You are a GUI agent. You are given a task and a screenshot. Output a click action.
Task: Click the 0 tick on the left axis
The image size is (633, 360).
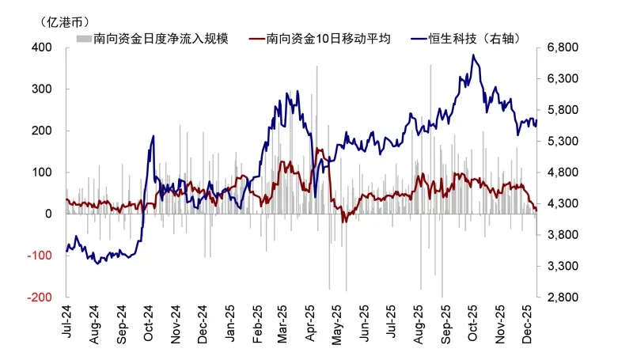(48, 214)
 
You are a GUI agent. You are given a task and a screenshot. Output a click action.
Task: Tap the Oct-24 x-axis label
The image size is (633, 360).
(149, 323)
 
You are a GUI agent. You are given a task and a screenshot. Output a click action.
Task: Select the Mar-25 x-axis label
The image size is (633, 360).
(284, 323)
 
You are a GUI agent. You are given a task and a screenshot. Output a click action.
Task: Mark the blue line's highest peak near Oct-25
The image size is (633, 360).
(473, 55)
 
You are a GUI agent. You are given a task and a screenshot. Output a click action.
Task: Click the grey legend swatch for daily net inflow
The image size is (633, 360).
(82, 38)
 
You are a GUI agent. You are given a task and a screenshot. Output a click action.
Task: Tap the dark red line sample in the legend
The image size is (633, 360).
(256, 38)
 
